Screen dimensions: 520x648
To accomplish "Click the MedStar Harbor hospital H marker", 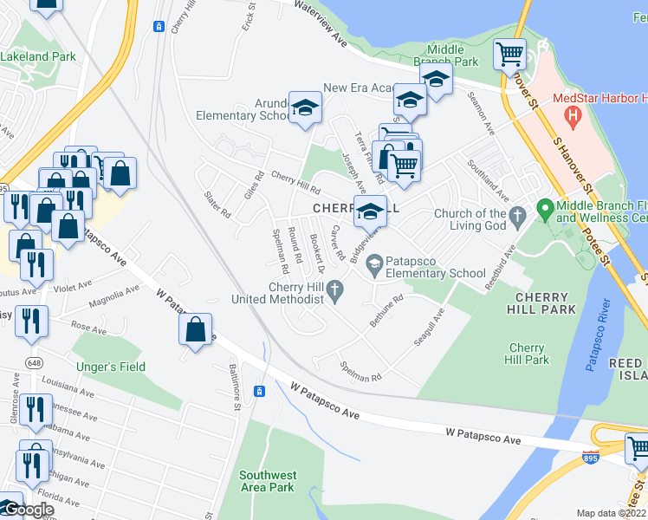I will (572, 114).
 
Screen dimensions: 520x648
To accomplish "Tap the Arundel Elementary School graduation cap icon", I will (304, 107).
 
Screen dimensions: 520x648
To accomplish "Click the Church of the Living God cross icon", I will (517, 215).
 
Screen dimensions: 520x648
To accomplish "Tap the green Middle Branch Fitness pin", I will (544, 209).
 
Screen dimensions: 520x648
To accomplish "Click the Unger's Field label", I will (111, 367).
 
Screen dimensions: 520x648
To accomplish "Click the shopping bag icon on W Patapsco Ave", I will (196, 329).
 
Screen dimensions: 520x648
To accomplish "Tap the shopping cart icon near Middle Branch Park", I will (509, 54).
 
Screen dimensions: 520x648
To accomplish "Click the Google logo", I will (27, 510).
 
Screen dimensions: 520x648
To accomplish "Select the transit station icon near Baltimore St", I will (258, 392).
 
